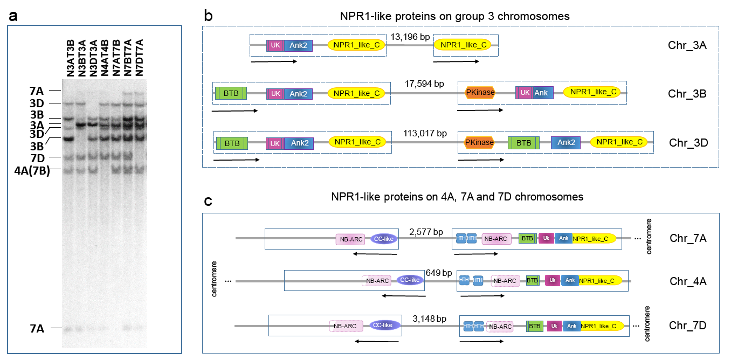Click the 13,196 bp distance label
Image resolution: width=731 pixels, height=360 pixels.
[410, 37]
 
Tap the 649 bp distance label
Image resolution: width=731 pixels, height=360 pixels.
[439, 273]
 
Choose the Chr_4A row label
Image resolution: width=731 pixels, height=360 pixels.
[688, 281]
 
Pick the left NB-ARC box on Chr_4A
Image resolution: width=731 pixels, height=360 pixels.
[376, 280]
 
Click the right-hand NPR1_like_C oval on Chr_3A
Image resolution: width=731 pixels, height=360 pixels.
[463, 45]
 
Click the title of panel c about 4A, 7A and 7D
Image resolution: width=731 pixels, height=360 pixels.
[457, 197]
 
